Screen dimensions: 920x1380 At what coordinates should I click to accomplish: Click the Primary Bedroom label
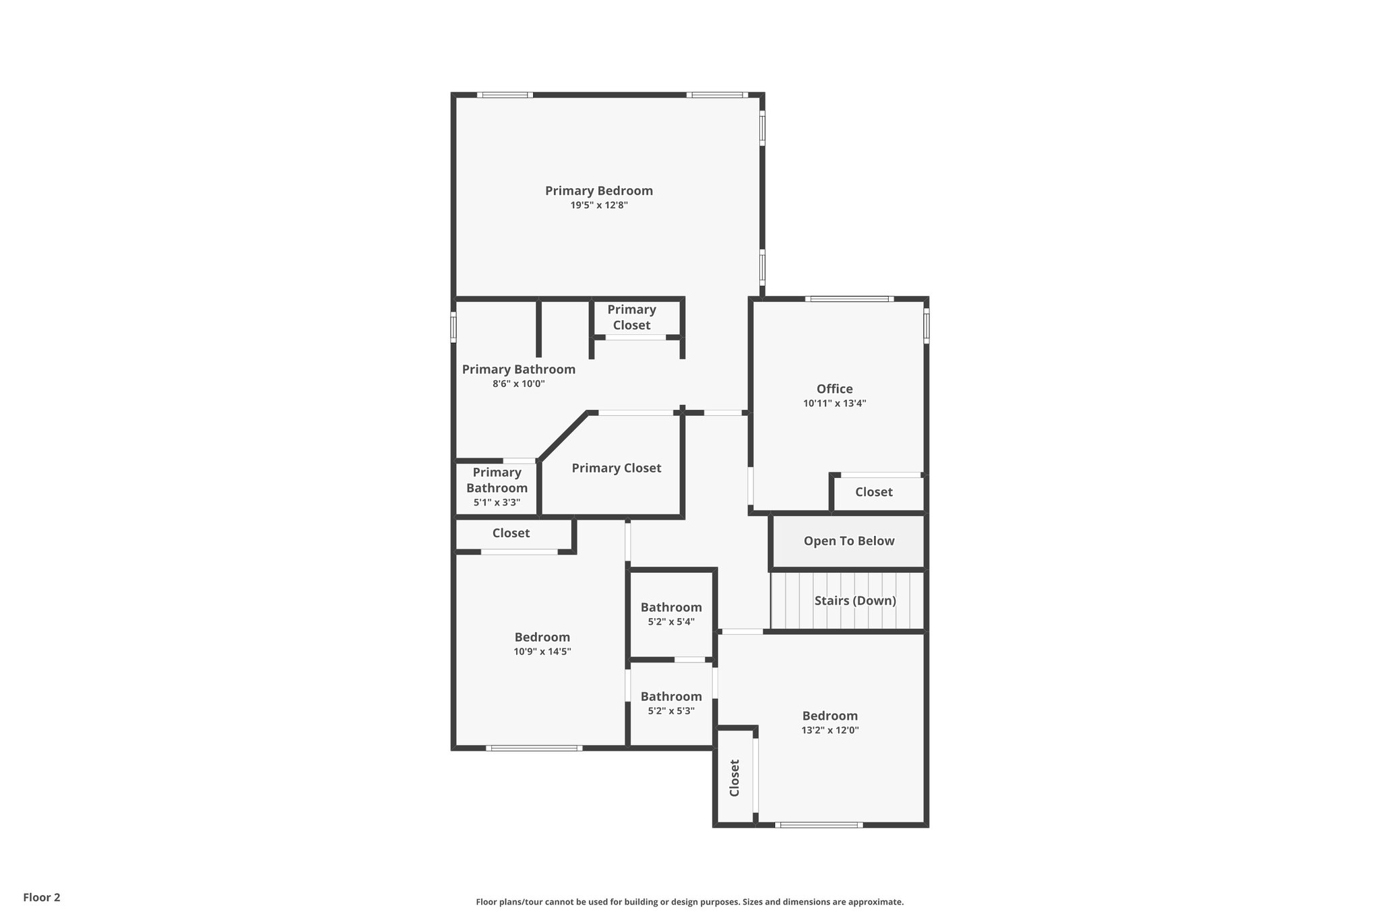pos(598,191)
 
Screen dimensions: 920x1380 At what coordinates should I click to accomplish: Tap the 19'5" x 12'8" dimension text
pos(599,206)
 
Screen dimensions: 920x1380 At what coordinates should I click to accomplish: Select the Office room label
pos(834,389)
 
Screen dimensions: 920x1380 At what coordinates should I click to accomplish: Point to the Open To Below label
pos(848,541)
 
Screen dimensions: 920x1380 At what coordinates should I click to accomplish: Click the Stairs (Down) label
pos(854,601)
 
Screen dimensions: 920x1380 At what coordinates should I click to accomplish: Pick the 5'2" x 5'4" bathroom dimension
pos(670,622)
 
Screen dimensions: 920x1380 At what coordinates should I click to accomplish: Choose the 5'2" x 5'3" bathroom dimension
pos(670,711)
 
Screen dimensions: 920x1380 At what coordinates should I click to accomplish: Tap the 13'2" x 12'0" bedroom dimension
pos(829,731)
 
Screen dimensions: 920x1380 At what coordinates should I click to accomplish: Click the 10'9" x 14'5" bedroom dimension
pos(542,652)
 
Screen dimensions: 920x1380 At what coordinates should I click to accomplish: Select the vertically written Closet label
pos(734,778)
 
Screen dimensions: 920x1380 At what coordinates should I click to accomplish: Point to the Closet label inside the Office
pos(873,492)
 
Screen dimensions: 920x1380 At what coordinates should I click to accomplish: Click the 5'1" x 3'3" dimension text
pos(497,503)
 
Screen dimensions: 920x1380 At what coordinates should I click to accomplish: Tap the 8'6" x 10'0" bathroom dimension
pos(518,384)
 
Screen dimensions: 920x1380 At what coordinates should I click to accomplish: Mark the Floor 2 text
pos(42,897)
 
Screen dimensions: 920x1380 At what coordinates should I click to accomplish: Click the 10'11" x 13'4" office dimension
pos(834,404)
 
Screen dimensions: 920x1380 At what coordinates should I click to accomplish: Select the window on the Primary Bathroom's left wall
pos(453,327)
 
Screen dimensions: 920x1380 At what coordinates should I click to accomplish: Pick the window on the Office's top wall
pos(849,299)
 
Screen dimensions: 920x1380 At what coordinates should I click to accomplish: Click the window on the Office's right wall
pos(927,326)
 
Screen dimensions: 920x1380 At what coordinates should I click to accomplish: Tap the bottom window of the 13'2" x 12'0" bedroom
pos(818,825)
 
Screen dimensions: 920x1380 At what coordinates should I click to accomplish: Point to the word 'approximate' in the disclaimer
pos(875,902)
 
